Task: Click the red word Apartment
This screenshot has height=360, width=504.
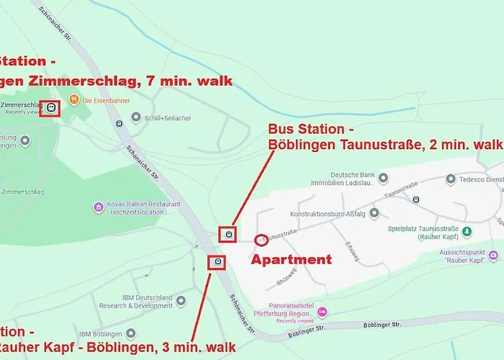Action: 290,259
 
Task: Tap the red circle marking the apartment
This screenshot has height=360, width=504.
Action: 261,239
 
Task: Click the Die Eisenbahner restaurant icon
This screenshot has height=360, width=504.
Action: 73,99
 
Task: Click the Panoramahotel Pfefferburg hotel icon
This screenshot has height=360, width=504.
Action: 322,311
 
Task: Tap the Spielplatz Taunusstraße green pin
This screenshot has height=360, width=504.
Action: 466,231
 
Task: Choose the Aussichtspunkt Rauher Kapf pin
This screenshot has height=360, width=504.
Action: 492,255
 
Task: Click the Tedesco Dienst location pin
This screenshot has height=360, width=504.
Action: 450,179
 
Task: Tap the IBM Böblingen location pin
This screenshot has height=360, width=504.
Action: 130,334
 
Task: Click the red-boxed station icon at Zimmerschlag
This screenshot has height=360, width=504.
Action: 50,108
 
